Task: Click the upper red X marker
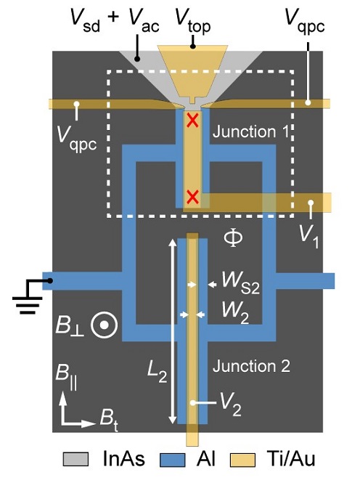192,121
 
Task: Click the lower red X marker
192,197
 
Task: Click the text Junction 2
250,366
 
